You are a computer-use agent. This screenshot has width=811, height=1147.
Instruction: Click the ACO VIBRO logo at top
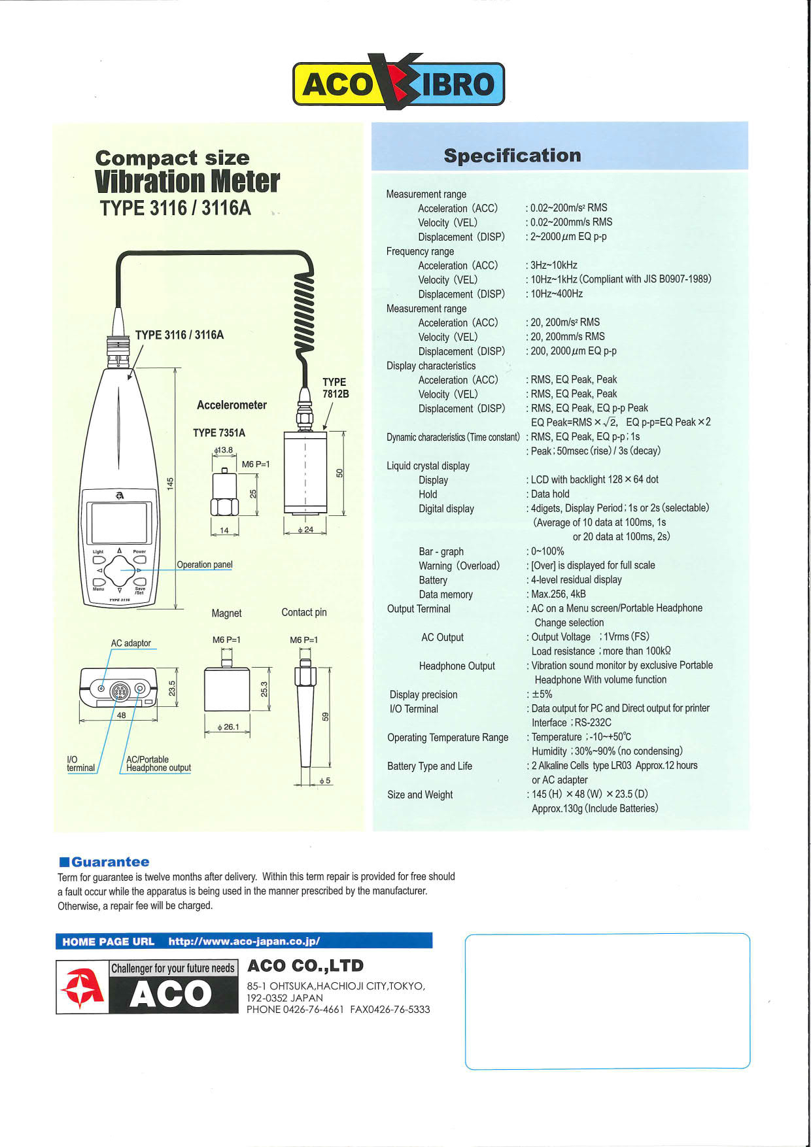(x=398, y=83)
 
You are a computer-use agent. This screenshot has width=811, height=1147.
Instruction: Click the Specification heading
(x=512, y=156)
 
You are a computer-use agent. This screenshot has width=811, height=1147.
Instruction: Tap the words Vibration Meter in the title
(x=187, y=182)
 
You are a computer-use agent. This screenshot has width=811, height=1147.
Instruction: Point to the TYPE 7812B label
(x=335, y=388)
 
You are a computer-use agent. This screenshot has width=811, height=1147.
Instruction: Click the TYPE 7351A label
(x=219, y=433)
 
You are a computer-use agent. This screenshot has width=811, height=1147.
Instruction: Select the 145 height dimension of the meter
(x=170, y=484)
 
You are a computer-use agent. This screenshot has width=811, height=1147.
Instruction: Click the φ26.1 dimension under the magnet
(x=228, y=727)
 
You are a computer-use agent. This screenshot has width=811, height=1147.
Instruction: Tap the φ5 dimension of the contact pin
(x=325, y=781)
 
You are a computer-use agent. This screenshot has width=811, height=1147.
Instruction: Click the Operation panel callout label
(x=204, y=564)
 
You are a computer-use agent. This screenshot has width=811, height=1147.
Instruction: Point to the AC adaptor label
(x=131, y=643)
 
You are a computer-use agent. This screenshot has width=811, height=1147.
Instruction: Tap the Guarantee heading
(x=110, y=862)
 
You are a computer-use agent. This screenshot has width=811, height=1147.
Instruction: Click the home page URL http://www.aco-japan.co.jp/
(x=244, y=942)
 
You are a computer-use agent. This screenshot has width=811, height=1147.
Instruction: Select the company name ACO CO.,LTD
(x=305, y=966)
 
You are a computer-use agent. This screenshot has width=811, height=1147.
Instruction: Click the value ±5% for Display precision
(x=542, y=694)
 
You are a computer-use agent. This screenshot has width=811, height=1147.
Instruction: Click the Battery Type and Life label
(x=429, y=766)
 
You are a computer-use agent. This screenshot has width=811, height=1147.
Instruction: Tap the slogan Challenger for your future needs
(x=173, y=968)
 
